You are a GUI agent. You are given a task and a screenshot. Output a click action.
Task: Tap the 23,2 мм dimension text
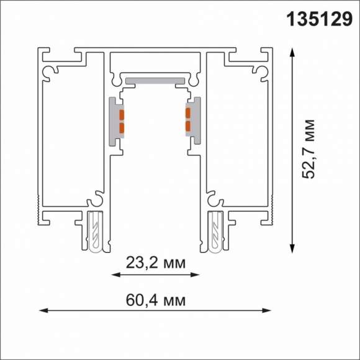point(155,264)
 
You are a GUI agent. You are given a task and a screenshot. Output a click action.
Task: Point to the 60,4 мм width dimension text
point(155,300)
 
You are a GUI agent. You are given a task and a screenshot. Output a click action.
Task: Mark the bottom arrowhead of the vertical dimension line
point(292,249)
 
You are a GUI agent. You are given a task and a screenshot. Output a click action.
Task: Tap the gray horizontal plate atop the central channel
point(155,80)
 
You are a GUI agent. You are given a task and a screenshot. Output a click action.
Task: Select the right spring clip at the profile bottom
point(215,232)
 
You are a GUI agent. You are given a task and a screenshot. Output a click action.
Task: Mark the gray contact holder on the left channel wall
point(115,120)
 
